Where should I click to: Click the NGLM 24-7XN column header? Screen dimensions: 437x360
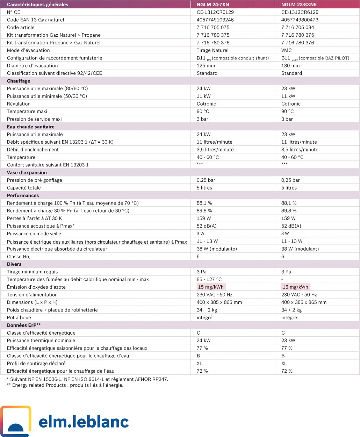[213, 5]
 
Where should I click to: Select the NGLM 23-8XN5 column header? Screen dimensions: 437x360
[299, 5]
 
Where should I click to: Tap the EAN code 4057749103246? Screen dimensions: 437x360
[215, 20]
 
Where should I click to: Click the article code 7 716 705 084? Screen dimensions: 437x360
[297, 27]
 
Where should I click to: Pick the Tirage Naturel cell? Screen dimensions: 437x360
[213, 50]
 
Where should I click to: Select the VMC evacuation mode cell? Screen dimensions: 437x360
[286, 50]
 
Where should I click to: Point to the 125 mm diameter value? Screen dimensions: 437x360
[206, 65]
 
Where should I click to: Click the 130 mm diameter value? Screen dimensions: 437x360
[290, 65]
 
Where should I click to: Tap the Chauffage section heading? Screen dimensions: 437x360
[19, 81]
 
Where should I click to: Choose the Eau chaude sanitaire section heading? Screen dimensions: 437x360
[31, 127]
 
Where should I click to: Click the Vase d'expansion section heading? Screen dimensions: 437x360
[27, 172]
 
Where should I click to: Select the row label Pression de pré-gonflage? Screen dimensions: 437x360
[35, 180]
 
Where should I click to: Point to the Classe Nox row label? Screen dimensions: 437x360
[19, 257]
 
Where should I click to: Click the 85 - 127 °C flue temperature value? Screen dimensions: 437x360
[209, 279]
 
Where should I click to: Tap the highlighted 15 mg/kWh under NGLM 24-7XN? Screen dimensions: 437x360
[211, 287]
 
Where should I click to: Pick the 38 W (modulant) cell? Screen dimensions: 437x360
[300, 249]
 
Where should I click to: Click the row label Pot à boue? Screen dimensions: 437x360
[19, 317]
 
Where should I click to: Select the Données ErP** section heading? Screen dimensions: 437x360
[24, 325]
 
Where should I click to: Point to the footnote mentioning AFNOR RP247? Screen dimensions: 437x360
[87, 379]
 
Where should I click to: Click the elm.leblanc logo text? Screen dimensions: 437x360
[84, 422]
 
